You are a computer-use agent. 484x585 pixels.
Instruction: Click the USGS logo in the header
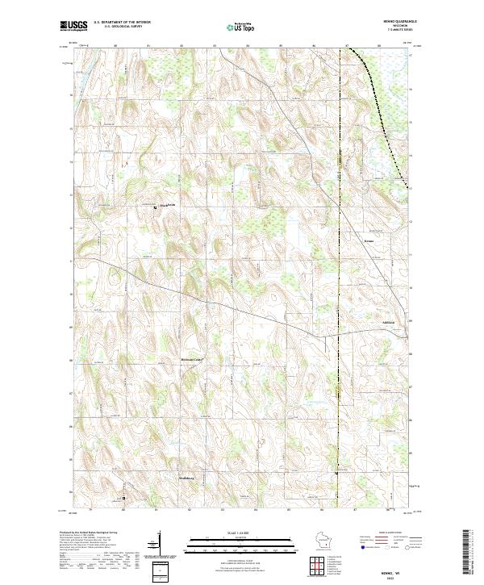[x=73, y=27]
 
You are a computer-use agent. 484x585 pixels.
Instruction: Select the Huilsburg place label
[x=187, y=478]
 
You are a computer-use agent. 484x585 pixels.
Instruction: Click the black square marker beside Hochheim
[x=156, y=207]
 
